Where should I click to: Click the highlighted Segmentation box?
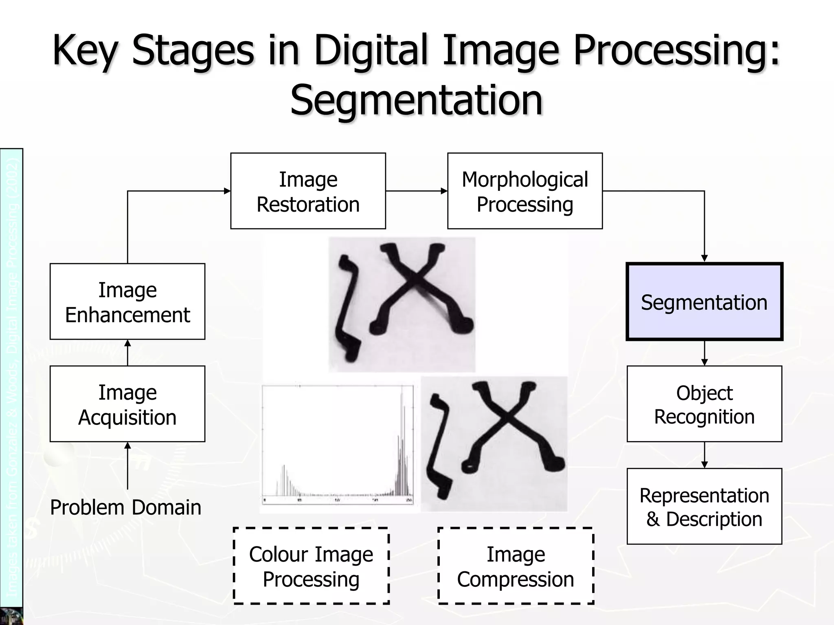coord(704,302)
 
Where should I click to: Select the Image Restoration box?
coord(308,191)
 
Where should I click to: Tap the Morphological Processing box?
coord(525,191)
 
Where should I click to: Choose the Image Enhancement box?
coord(127,302)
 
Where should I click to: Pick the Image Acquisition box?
coord(127,404)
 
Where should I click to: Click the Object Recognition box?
coord(704,404)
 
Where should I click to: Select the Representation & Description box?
coord(704,506)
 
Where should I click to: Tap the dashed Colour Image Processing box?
coord(311,566)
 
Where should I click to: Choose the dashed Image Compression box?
coord(516,566)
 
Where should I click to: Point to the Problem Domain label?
coord(125,507)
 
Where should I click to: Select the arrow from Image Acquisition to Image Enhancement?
coord(127,352)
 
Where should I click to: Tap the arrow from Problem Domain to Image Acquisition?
coord(127,465)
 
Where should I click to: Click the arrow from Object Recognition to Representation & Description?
coord(705,455)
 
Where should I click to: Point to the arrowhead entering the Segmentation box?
coord(705,258)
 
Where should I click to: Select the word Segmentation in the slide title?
coord(416,100)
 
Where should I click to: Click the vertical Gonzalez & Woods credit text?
coord(12,374)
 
